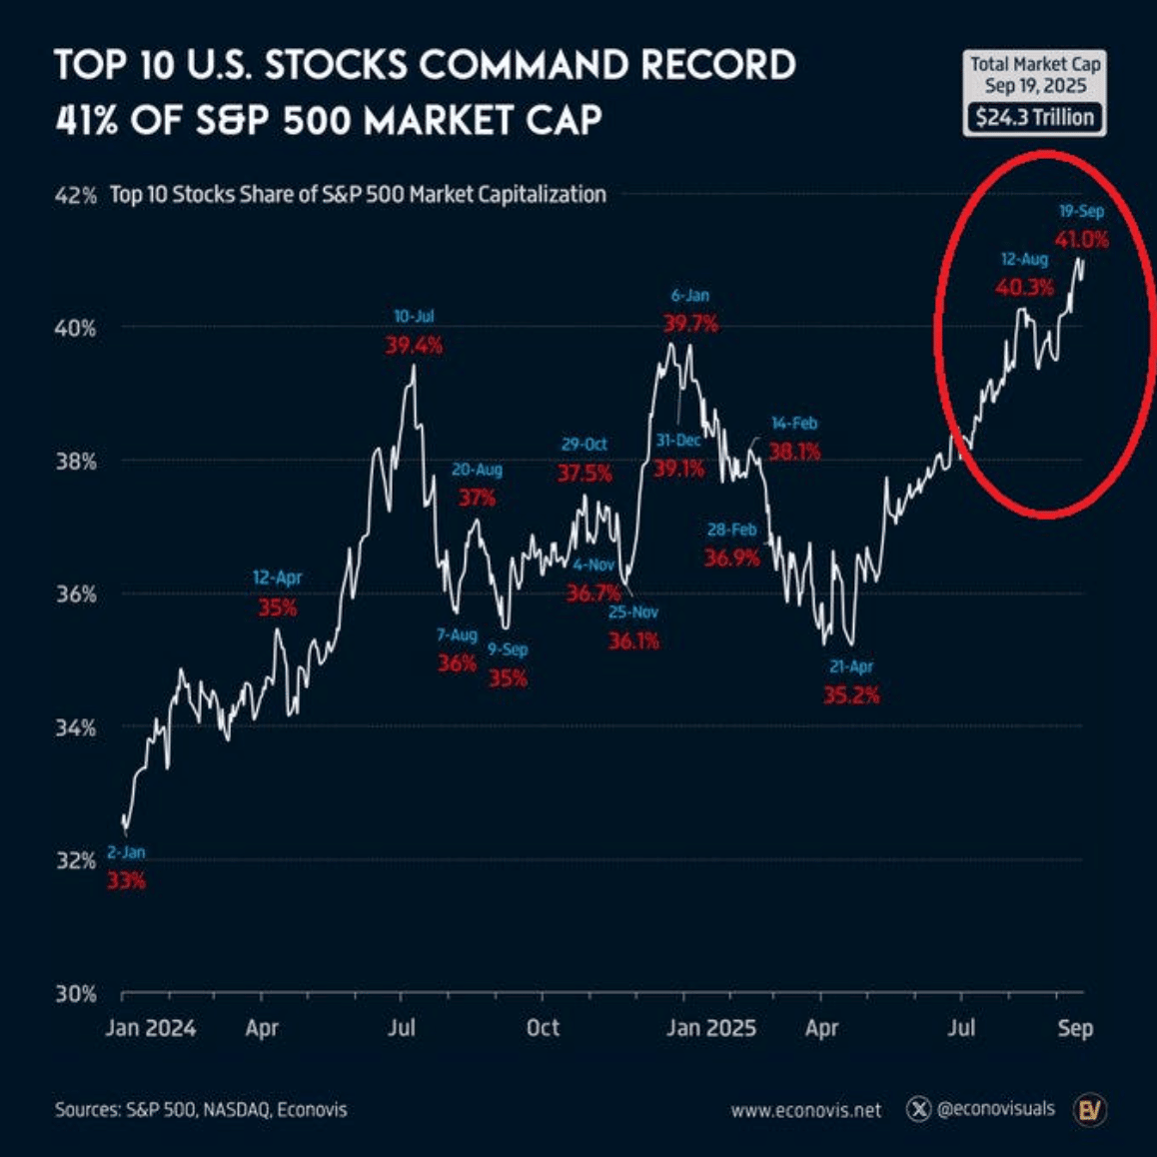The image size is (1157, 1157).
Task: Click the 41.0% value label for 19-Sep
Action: (x=1081, y=240)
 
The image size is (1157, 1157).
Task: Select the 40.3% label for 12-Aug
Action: (x=1024, y=288)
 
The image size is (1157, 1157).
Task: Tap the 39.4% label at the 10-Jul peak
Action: (x=414, y=346)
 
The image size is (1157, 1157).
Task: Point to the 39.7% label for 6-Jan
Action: (x=690, y=324)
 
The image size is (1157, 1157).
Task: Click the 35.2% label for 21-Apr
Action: (x=851, y=695)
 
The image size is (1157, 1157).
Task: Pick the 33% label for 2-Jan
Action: (x=127, y=881)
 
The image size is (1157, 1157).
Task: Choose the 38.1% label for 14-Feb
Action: (x=794, y=452)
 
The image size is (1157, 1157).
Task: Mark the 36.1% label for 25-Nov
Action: (x=633, y=641)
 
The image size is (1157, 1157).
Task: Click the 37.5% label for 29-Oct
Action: (x=584, y=473)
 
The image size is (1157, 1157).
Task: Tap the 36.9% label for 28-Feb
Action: (x=731, y=558)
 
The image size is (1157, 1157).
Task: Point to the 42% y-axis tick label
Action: (x=75, y=196)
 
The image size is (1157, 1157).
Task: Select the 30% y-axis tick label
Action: (x=75, y=994)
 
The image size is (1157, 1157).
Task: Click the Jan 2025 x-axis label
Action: (x=711, y=1028)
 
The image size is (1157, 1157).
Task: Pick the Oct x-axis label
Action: (x=543, y=1028)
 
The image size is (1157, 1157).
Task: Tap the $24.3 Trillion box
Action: (x=1034, y=117)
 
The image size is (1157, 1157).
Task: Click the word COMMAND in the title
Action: (x=523, y=66)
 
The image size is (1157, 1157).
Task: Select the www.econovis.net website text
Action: (x=806, y=1110)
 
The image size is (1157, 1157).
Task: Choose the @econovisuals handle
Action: (x=995, y=1109)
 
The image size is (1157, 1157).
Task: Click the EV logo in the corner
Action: (x=1089, y=1109)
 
